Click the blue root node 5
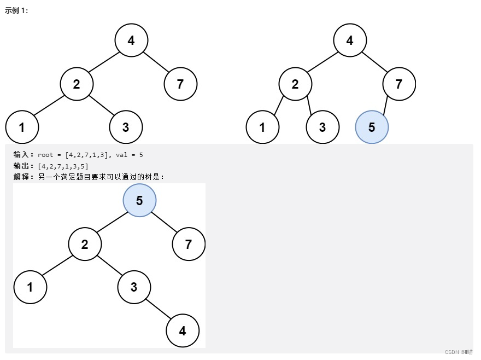click(x=139, y=200)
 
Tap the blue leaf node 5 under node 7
click(x=372, y=127)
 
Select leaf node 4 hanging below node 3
click(x=183, y=330)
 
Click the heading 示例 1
click(x=16, y=11)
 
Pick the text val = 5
click(x=130, y=155)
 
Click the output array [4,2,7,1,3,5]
click(x=63, y=166)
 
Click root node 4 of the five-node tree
click(x=131, y=40)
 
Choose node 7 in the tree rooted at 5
click(x=189, y=244)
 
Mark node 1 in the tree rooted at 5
click(x=30, y=287)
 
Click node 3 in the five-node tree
click(x=126, y=127)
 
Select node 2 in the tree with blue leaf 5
click(x=295, y=84)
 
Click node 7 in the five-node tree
click(x=180, y=84)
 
